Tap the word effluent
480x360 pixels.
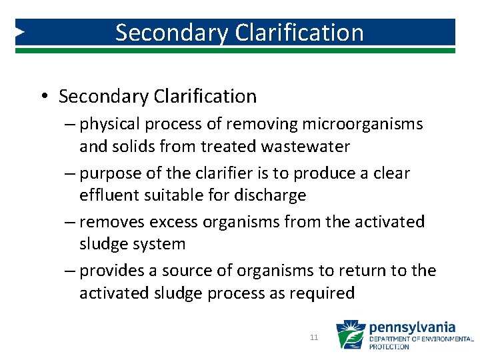click(x=109, y=195)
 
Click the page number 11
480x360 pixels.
click(x=314, y=338)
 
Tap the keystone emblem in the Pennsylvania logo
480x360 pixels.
click(x=350, y=335)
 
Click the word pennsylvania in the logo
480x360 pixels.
click(x=412, y=328)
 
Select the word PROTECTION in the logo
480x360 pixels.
click(x=390, y=347)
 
